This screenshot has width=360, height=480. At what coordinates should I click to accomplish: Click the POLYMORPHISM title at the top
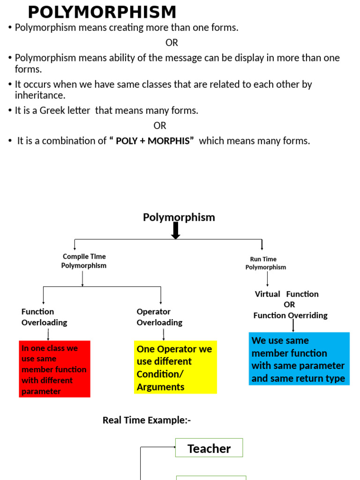tap(102, 12)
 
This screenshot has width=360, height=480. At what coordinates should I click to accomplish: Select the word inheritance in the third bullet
tap(40, 95)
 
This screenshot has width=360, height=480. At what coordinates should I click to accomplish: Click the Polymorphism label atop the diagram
tap(179, 217)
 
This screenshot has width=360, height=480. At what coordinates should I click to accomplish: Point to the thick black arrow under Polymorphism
tap(176, 231)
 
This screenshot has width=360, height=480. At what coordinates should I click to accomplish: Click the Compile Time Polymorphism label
tap(84, 261)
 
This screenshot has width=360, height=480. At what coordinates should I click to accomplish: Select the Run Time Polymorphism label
tap(265, 263)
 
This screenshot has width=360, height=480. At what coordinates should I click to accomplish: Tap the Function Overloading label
tap(44, 317)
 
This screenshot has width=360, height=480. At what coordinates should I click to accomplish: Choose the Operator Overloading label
tap(159, 317)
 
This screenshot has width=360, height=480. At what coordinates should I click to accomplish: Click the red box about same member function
tap(54, 369)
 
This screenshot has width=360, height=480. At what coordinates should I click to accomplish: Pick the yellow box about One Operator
tap(175, 367)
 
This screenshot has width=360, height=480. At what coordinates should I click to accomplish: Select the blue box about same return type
tap(299, 359)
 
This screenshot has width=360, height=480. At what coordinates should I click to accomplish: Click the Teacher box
tap(209, 448)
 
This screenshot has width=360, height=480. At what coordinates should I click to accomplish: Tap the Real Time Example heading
tap(147, 420)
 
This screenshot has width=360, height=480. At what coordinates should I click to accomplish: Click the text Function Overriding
tap(290, 315)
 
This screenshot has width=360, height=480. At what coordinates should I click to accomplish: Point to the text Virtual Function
tap(286, 294)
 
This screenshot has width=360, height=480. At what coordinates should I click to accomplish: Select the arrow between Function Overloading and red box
tap(48, 335)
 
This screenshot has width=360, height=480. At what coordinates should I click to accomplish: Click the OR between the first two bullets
tap(172, 43)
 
